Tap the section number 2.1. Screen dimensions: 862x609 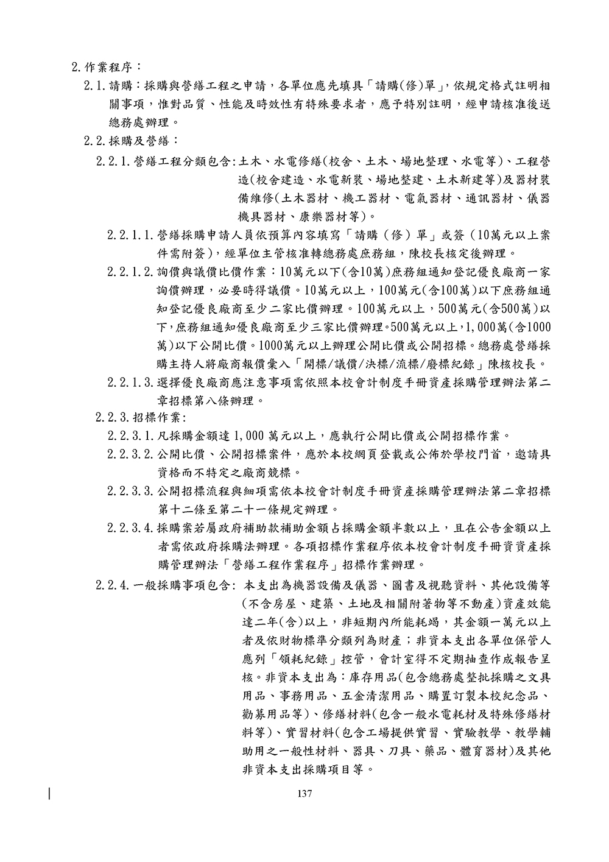coord(96,85)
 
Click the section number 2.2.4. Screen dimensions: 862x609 coord(113,586)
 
